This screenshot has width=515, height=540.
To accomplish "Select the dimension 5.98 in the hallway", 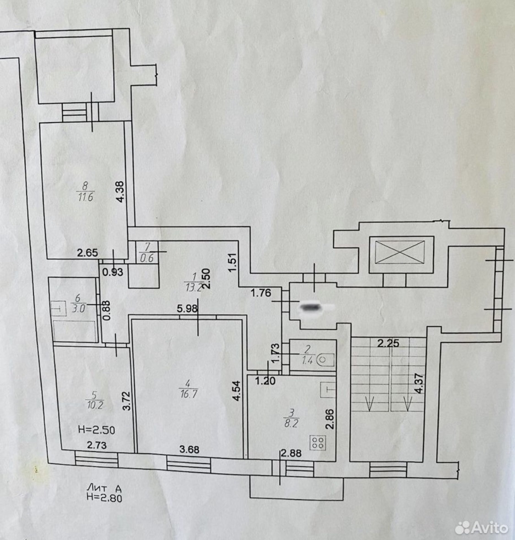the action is click(x=187, y=309).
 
